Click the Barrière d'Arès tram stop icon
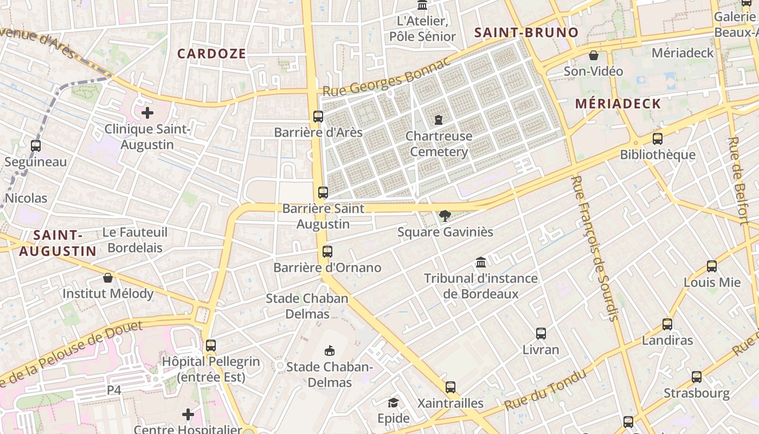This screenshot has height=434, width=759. tap(318, 116)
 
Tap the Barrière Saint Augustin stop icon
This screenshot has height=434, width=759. tap(323, 192)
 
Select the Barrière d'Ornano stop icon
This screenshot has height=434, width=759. tap(327, 251)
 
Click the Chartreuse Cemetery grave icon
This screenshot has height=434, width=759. tap(439, 119)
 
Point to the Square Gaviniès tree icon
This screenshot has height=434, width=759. tap(445, 216)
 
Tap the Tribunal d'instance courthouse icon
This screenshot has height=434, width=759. tap(481, 263)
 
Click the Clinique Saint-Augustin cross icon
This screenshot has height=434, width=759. tap(147, 113)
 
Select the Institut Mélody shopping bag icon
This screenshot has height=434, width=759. tap(108, 278)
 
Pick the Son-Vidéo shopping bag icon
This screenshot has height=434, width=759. tap(594, 55)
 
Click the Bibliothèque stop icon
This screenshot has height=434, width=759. tap(658, 138)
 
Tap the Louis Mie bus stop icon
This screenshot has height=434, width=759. tap(712, 266)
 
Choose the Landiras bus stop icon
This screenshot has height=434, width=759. tap(667, 324)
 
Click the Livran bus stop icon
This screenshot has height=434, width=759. tap(541, 333)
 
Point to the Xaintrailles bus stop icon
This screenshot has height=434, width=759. tap(451, 387)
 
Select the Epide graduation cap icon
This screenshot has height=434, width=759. tap(393, 403)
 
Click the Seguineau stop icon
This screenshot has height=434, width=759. tap(36, 145)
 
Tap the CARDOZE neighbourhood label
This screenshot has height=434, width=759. tap(211, 53)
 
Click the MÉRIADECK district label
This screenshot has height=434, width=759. tap(618, 104)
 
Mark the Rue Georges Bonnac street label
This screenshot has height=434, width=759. tap(387, 80)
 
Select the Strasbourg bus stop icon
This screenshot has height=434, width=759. tap(697, 376)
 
